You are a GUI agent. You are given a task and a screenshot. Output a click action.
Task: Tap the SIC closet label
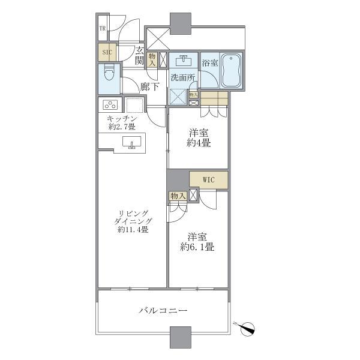[x=107, y=52]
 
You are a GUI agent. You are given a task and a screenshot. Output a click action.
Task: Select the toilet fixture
[x=109, y=76]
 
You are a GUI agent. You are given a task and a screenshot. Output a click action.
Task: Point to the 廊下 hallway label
[x=150, y=87]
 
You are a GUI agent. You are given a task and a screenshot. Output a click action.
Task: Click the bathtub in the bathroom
[x=232, y=71]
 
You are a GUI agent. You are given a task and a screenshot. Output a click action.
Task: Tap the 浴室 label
[x=209, y=62]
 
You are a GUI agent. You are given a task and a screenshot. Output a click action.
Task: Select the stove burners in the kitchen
[x=110, y=105]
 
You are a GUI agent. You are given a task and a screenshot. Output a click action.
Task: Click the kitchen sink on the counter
[x=131, y=143]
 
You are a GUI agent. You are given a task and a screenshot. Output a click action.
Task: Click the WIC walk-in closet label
[x=208, y=179]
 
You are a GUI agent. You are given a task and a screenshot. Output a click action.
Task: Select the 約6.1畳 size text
[x=198, y=247]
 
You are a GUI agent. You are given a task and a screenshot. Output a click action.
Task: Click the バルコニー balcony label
[x=163, y=311]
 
